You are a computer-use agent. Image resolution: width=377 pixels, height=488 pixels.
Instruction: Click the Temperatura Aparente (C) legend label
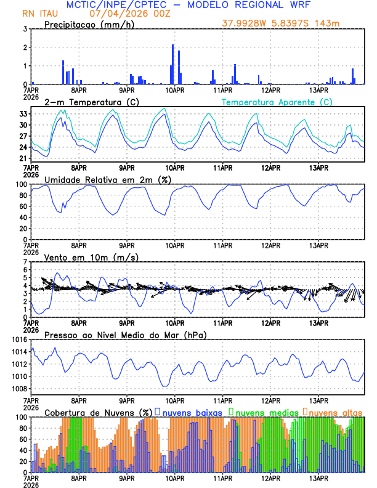(x=277, y=102)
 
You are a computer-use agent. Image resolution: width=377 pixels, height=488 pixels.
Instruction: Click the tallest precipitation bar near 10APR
(x=172, y=65)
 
